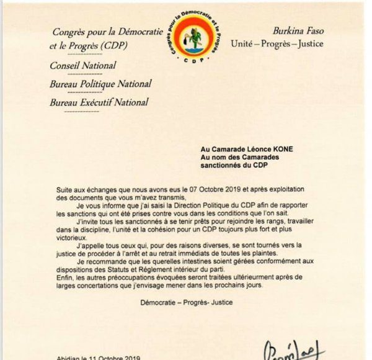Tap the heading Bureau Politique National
pos(100,84)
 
